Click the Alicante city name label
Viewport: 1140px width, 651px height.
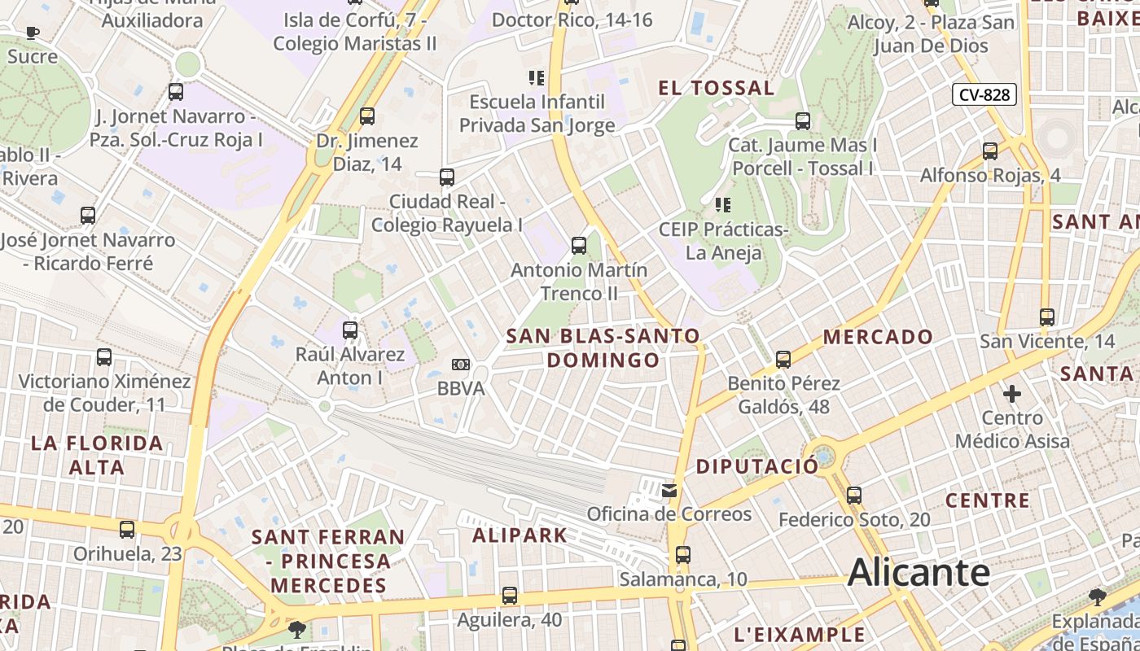pyautogui.click(x=919, y=573)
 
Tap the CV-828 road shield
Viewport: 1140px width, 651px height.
pyautogui.click(x=984, y=95)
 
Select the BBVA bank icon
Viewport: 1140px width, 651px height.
pyautogui.click(x=461, y=365)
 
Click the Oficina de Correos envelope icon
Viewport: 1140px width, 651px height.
pyautogui.click(x=669, y=491)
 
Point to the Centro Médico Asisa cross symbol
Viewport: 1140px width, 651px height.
pyautogui.click(x=1012, y=395)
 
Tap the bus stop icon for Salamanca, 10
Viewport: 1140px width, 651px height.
pyautogui.click(x=682, y=555)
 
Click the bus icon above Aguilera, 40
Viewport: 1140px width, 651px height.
pyautogui.click(x=510, y=596)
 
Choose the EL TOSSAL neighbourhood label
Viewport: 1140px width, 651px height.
pyautogui.click(x=716, y=88)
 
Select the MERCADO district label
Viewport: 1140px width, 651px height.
pyautogui.click(x=878, y=336)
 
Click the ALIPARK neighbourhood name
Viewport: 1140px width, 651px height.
pyautogui.click(x=520, y=535)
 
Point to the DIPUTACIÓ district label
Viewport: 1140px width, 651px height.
pyautogui.click(x=757, y=466)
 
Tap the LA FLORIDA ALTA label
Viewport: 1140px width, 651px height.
pyautogui.click(x=97, y=455)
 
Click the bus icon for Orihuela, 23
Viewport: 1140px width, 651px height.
pyautogui.click(x=127, y=530)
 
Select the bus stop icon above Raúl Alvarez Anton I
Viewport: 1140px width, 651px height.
pyautogui.click(x=350, y=330)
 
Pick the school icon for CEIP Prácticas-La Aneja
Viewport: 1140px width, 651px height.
pyautogui.click(x=722, y=204)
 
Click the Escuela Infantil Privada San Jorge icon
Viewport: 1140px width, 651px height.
pyautogui.click(x=537, y=78)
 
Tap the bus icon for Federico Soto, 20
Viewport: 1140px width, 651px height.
pyautogui.click(x=853, y=495)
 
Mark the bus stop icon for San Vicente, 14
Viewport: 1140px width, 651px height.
pyautogui.click(x=1047, y=317)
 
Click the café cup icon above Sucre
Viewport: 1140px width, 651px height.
pyautogui.click(x=32, y=33)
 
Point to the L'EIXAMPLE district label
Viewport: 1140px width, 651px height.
pyautogui.click(x=799, y=635)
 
